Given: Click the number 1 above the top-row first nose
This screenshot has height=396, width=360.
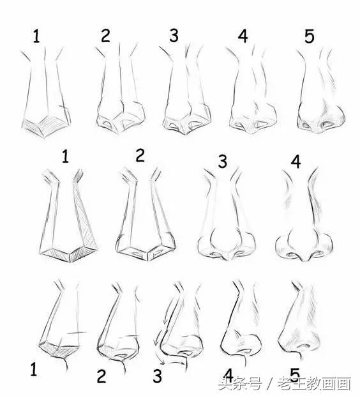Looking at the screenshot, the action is [x=36, y=36].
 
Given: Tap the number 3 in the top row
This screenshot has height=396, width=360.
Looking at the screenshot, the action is [x=174, y=35].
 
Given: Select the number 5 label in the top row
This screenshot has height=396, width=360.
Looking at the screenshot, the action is [x=310, y=36].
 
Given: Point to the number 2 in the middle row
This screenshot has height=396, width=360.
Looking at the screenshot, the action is [x=140, y=155].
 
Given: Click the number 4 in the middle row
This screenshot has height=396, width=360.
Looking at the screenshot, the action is [x=296, y=162].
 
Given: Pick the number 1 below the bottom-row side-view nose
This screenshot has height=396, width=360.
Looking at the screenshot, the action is [x=34, y=369].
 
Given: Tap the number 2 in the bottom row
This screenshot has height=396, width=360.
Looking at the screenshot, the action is [x=101, y=376].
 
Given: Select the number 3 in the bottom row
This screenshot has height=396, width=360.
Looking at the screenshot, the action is [x=157, y=376].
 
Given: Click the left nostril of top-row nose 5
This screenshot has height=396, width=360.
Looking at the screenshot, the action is [x=306, y=125].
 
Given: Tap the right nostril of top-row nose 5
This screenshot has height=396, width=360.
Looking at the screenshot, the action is [x=328, y=124].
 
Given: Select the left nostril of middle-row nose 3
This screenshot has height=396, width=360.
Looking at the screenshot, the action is [x=215, y=254].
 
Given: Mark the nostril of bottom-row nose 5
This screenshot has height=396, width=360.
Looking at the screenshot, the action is [x=303, y=346].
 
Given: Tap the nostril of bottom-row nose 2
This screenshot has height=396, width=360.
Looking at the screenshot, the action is [x=123, y=355].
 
